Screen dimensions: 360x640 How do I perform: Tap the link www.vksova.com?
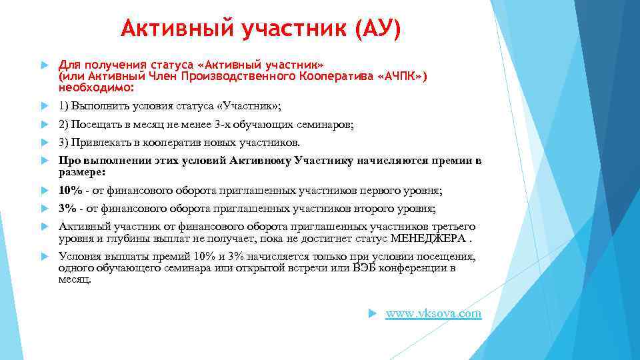coord(433,313)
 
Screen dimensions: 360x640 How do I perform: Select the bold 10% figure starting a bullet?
coord(70,191)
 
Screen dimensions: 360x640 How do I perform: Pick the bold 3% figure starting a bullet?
coord(67,209)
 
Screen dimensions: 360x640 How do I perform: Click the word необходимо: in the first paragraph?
coord(96,87)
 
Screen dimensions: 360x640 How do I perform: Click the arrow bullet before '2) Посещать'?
coord(44,125)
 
